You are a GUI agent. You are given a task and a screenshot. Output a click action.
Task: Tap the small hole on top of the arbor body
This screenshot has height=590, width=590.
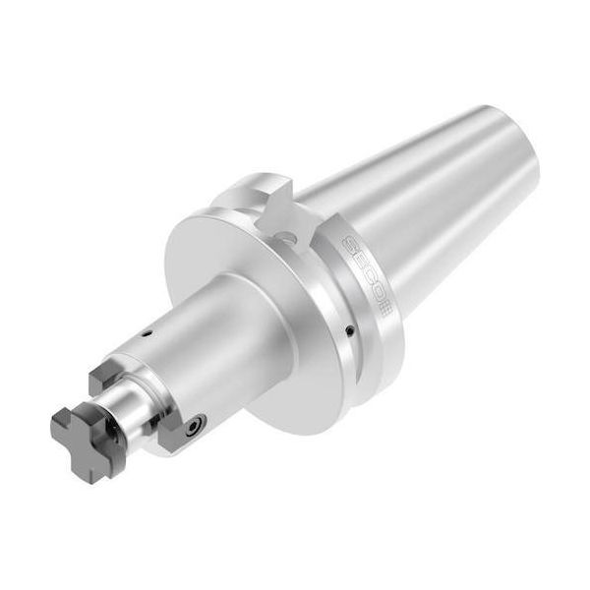[x=146, y=337]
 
